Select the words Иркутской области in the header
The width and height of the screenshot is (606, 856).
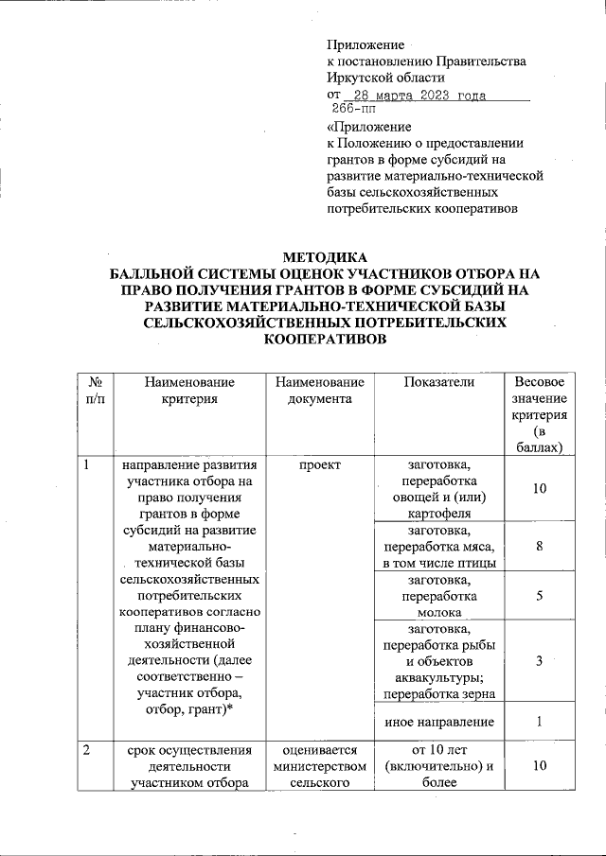click(384, 78)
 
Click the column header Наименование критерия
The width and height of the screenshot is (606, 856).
click(189, 391)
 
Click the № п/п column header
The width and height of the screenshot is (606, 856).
click(95, 391)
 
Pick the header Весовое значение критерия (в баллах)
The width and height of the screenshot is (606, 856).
click(538, 414)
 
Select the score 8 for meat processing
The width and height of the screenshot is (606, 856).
click(538, 547)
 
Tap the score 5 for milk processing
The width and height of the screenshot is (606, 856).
click(538, 597)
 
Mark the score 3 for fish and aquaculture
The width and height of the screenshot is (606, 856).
click(538, 662)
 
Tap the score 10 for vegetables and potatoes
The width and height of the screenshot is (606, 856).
click(538, 489)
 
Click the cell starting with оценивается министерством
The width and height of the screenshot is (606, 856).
click(320, 767)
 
